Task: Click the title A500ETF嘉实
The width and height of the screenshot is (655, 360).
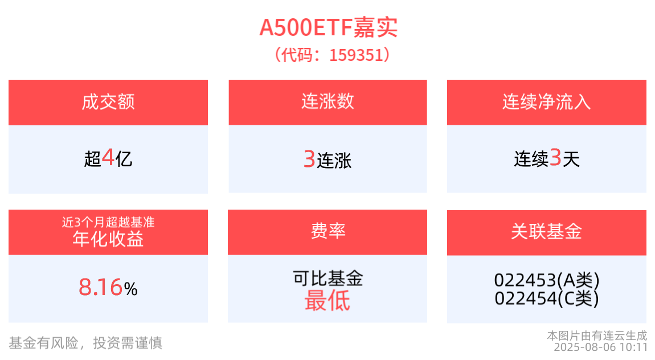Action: [x=328, y=27]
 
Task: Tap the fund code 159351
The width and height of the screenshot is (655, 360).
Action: [x=356, y=55]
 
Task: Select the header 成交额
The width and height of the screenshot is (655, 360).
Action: [x=108, y=102]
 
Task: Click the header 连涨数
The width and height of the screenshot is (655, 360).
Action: [x=327, y=101]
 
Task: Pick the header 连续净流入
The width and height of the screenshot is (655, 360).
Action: [x=546, y=102]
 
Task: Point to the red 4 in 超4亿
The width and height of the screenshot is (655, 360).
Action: [x=108, y=158]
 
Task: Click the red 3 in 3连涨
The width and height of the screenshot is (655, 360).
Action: [x=309, y=159]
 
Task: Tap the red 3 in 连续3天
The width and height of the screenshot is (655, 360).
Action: [x=555, y=158]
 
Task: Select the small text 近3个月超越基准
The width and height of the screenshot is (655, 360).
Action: [x=108, y=222]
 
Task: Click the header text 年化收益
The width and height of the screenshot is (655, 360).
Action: [x=108, y=239]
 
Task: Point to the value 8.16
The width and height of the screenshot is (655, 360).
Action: [x=101, y=288]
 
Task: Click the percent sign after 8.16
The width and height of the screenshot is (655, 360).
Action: [x=130, y=289]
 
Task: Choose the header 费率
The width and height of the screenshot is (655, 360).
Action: [x=328, y=231]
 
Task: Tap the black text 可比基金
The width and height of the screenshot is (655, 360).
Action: [x=327, y=278]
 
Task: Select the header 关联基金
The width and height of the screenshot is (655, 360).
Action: [x=546, y=231]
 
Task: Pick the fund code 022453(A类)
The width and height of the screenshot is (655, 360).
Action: [x=547, y=280]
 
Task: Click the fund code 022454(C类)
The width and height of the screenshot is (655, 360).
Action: [x=547, y=298]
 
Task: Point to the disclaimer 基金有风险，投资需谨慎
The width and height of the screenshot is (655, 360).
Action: [x=85, y=343]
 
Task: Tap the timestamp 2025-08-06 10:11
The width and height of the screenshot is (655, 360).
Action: [x=601, y=347]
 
